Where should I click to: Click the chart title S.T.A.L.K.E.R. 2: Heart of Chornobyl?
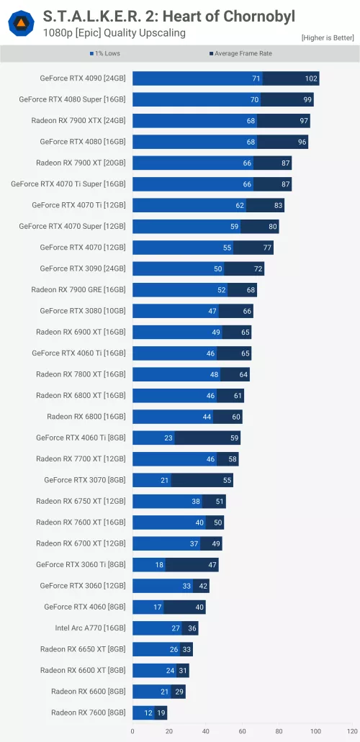click(x=169, y=15)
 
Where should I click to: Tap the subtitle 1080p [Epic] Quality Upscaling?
click(x=114, y=32)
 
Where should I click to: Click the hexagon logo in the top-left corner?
click(x=21, y=23)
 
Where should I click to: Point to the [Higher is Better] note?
click(x=328, y=37)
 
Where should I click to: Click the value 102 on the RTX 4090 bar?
click(x=310, y=78)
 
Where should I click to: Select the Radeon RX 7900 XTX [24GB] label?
click(x=78, y=120)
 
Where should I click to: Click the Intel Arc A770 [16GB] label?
click(x=90, y=627)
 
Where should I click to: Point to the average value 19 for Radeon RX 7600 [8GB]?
click(x=161, y=712)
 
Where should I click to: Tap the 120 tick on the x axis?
click(x=351, y=731)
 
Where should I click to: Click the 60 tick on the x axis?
click(x=242, y=731)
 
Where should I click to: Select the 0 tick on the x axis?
click(x=132, y=731)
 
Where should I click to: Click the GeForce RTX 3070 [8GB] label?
click(x=84, y=479)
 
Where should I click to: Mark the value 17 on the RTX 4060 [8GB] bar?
click(x=157, y=606)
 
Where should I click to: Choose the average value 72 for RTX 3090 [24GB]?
click(x=256, y=268)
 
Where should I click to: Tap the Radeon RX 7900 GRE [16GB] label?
click(x=78, y=289)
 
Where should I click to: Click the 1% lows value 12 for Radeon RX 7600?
click(x=148, y=712)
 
